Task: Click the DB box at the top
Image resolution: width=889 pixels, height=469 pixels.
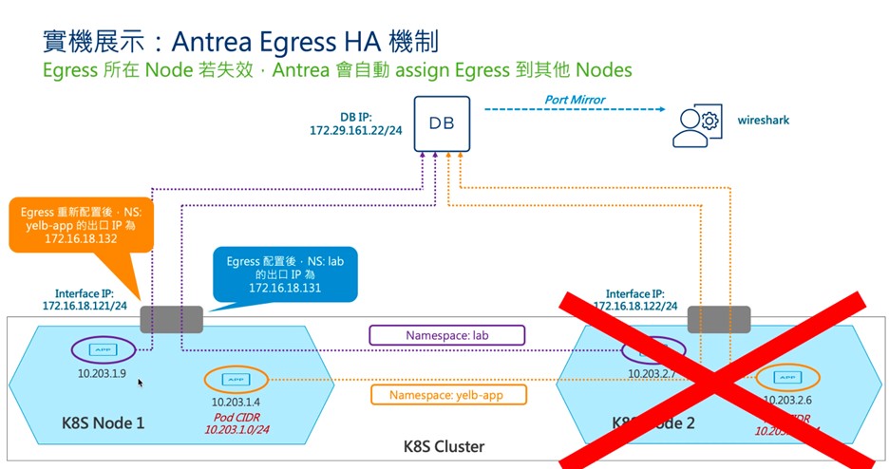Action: click(x=442, y=123)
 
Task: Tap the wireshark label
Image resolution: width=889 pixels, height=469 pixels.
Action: click(x=763, y=121)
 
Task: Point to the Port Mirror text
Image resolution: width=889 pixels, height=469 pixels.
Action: click(x=574, y=99)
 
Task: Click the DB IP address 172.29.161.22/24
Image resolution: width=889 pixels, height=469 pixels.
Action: click(x=357, y=128)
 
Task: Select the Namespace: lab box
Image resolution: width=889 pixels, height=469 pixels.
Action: click(x=447, y=335)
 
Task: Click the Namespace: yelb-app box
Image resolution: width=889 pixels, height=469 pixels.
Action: click(x=445, y=395)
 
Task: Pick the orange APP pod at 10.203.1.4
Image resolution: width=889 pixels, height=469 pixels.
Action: click(x=234, y=379)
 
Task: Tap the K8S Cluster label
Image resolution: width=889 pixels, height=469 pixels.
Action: click(x=445, y=446)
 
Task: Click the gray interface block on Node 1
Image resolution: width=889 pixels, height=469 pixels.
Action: click(x=172, y=319)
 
